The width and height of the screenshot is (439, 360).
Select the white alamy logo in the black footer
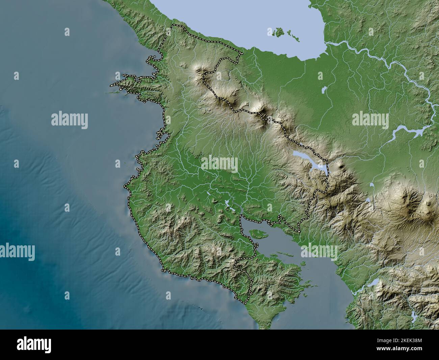(34, 345)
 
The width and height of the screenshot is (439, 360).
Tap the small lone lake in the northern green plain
(324, 90)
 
